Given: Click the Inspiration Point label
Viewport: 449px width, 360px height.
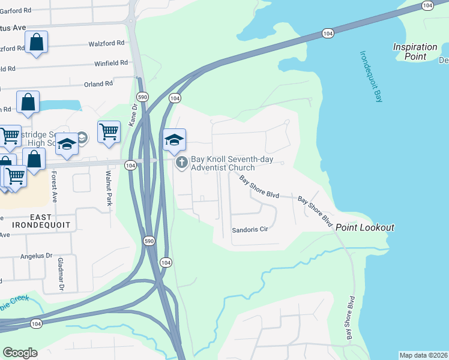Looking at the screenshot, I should tap(415, 52).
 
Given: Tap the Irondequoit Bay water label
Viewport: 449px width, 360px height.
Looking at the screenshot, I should tap(370, 76).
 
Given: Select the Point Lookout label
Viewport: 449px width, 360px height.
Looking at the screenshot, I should tap(364, 227).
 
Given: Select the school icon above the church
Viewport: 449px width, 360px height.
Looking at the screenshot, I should tap(175, 140).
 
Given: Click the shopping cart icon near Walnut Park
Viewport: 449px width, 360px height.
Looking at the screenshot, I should tap(109, 131).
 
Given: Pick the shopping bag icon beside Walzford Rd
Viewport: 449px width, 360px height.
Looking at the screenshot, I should tap(36, 42).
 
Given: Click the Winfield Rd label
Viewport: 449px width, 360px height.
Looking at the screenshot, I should tap(111, 62).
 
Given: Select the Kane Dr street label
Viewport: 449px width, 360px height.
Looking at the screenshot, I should tap(134, 112).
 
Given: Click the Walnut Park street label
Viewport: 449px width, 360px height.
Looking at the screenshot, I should tap(109, 188).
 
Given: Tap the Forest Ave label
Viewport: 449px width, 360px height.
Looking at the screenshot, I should tap(54, 187).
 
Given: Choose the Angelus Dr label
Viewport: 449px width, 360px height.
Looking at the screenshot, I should tap(37, 256).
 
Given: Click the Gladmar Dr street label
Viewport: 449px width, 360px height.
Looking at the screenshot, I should tap(61, 274).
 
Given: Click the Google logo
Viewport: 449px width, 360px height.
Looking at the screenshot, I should tap(20, 352).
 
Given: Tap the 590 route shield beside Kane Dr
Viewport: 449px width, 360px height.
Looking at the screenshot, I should tap(142, 97).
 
